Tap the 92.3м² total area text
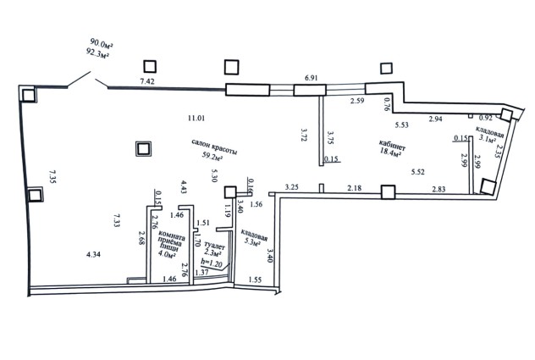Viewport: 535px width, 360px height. (x=102, y=52)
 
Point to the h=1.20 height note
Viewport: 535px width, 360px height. (x=212, y=263)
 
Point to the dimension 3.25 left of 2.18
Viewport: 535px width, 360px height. (x=293, y=186)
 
